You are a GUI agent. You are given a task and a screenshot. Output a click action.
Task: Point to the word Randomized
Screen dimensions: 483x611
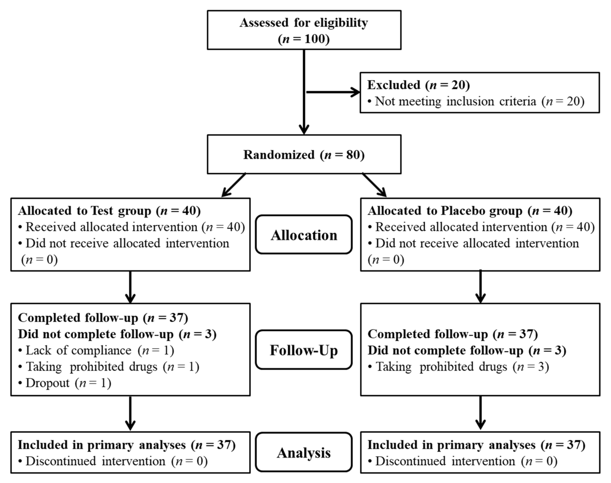pyautogui.click(x=279, y=155)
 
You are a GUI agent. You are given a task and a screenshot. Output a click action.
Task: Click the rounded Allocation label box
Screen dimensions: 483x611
pyautogui.click(x=304, y=235)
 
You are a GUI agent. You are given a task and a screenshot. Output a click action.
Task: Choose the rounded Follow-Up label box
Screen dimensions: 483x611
pyautogui.click(x=304, y=350)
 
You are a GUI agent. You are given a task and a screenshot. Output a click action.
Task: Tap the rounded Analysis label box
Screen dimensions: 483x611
pyautogui.click(x=304, y=453)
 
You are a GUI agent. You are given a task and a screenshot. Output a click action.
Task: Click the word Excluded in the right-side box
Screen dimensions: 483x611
pyautogui.click(x=393, y=85)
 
